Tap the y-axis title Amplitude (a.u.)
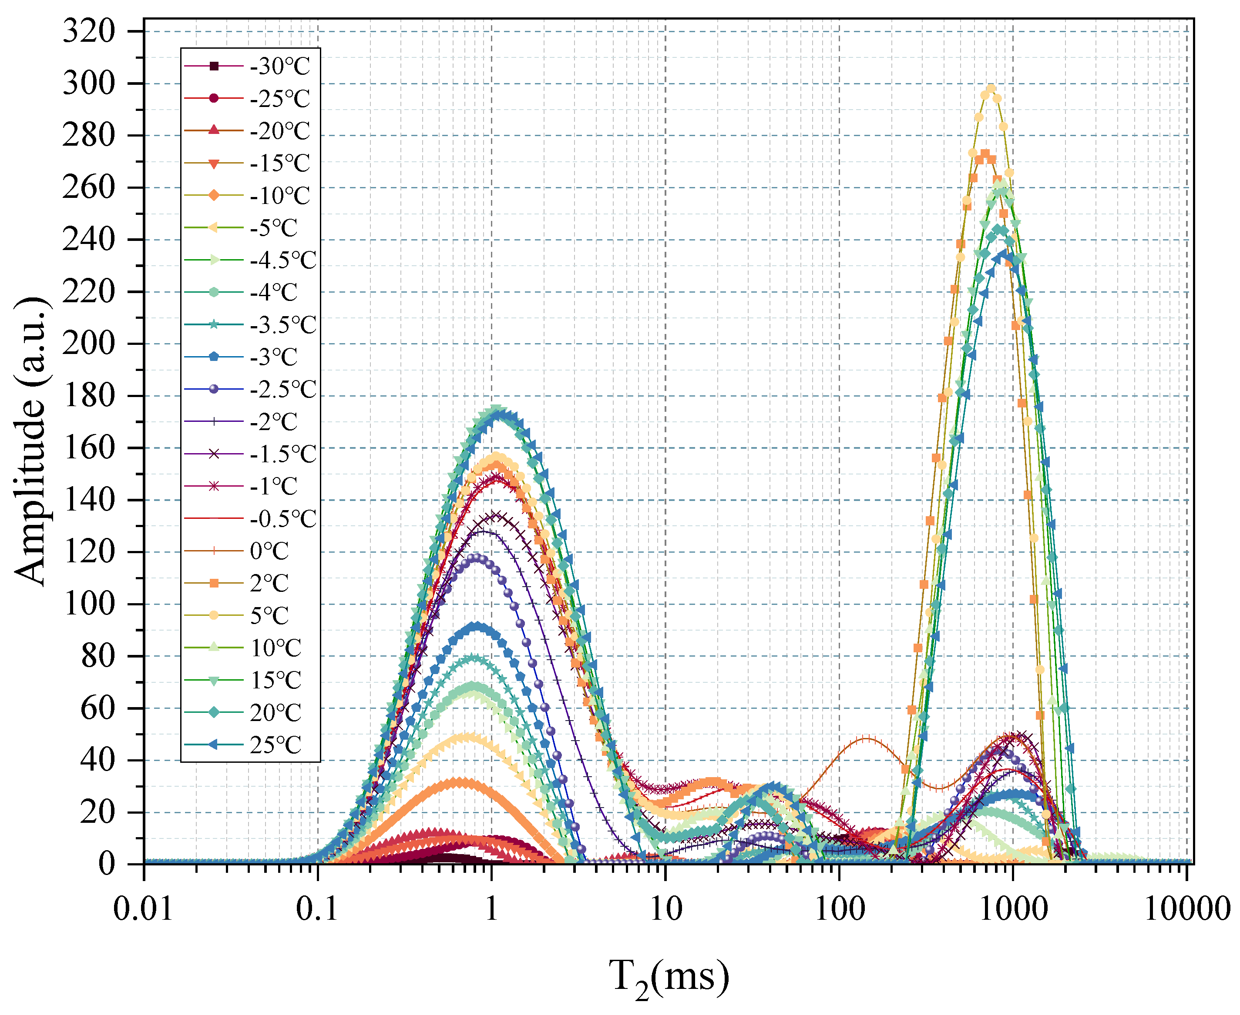[30, 441]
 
